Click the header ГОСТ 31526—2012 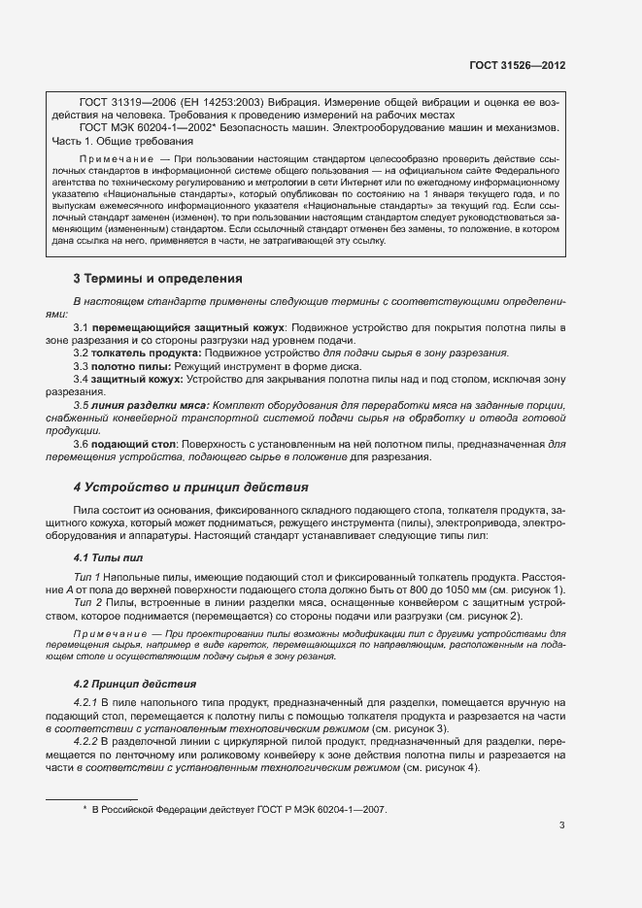(517, 65)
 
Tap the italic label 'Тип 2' (87, 603)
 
